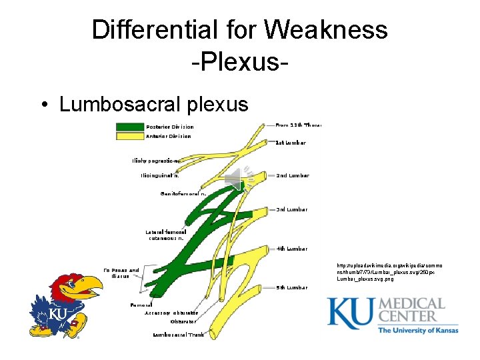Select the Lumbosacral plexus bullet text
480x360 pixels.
(x=153, y=105)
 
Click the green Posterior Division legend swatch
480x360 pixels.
(x=130, y=127)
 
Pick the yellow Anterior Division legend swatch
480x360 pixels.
(x=130, y=136)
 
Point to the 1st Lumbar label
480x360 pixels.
(x=291, y=143)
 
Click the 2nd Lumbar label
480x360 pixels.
(x=293, y=175)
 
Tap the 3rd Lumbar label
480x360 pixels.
(x=292, y=209)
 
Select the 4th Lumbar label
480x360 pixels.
(x=292, y=249)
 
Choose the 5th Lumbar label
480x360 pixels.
(x=292, y=287)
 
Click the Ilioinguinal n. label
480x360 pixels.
(x=159, y=176)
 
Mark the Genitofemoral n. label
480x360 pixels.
(x=183, y=193)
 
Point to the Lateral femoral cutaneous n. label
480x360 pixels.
(x=167, y=235)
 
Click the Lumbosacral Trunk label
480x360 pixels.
(x=179, y=335)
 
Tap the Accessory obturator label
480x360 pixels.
(x=171, y=313)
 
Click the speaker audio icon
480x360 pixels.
(x=234, y=179)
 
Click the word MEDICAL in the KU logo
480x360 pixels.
(x=411, y=305)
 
